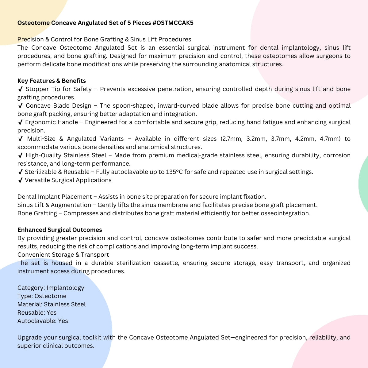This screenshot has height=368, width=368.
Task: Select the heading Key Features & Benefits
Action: [x=52, y=81]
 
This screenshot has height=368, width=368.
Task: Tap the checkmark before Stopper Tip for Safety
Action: [x=21, y=89]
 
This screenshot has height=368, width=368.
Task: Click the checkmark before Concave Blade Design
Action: [x=21, y=106]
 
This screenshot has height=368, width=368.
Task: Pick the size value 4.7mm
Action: [x=330, y=139]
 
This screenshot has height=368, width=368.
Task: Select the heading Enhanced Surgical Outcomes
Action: [x=59, y=230]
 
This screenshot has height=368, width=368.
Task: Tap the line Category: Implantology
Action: [x=51, y=288]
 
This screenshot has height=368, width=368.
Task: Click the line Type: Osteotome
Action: [x=42, y=296]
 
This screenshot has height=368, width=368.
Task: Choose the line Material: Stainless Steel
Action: [x=52, y=305]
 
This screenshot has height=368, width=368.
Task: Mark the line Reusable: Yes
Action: [x=37, y=313]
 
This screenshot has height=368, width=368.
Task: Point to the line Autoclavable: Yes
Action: [x=43, y=321]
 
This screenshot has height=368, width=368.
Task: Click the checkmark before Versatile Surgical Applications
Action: [x=21, y=180]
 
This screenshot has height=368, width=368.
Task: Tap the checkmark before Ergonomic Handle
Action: [x=21, y=122]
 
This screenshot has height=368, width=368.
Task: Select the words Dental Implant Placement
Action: [x=55, y=197]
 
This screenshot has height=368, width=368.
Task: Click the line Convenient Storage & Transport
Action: [x=63, y=255]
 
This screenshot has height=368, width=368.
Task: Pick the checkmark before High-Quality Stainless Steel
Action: [x=21, y=155]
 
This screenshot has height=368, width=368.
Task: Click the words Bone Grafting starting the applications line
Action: [x=37, y=213]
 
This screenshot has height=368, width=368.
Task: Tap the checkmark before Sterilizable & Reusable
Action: [x=21, y=172]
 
